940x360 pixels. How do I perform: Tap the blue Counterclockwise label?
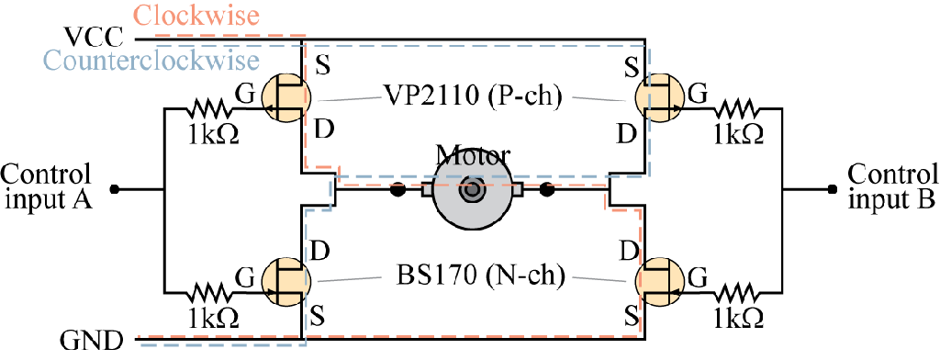151,61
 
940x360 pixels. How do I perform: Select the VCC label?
93,39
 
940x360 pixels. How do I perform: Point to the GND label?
93,343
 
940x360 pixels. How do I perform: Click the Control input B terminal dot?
830,190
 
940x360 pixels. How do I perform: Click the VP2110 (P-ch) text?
473,96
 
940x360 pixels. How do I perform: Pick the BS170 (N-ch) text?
473,276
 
